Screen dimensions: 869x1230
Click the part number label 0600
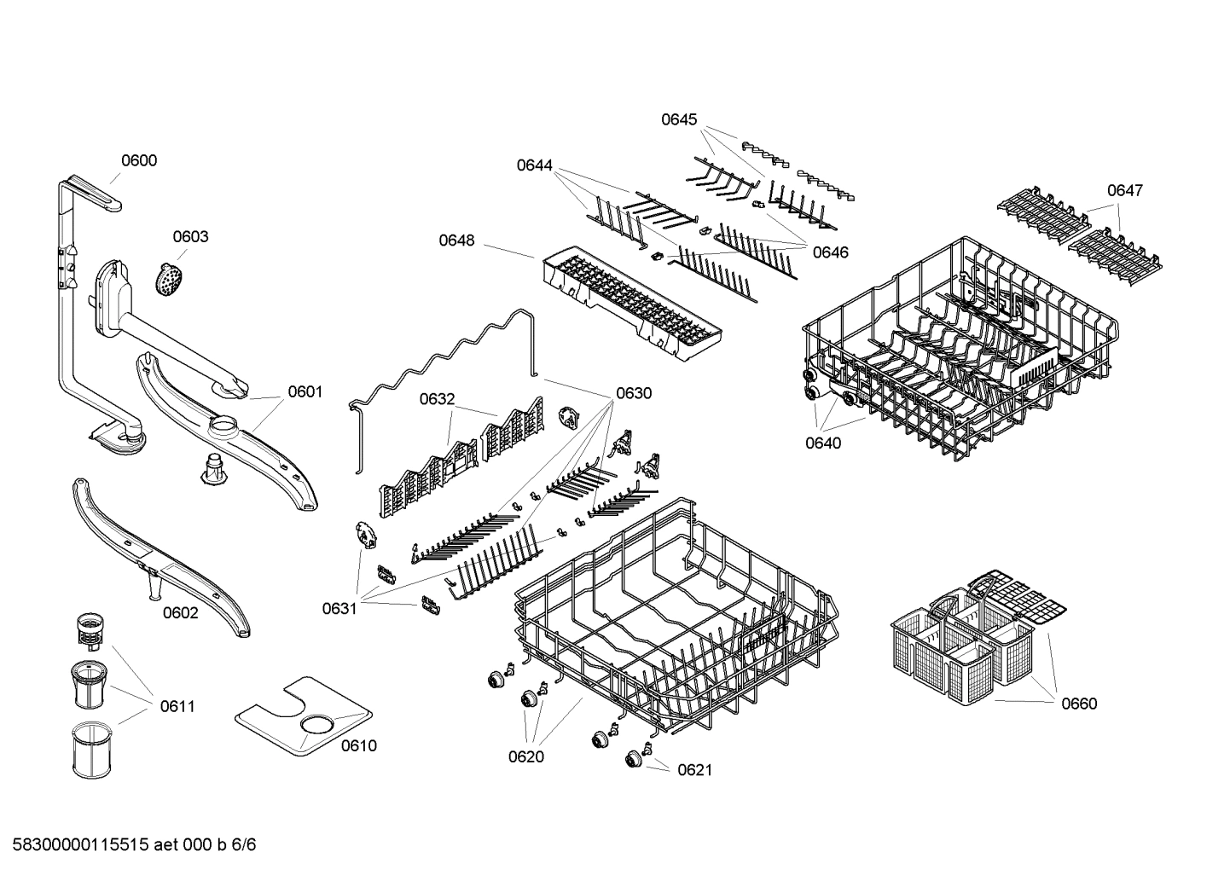click(138, 160)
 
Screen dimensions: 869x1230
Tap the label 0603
click(190, 236)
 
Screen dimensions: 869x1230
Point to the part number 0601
click(305, 391)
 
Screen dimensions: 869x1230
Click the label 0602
click(180, 612)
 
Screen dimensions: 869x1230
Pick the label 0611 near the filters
click(177, 706)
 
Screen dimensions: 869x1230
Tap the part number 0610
click(358, 745)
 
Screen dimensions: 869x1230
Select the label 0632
click(437, 399)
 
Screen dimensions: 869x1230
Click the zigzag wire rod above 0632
click(444, 350)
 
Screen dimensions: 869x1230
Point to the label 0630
click(634, 393)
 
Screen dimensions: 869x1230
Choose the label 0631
click(339, 608)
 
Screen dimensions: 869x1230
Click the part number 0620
click(525, 756)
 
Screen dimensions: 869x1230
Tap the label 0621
click(694, 770)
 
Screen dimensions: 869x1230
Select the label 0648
click(456, 240)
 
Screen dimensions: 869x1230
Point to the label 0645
click(679, 119)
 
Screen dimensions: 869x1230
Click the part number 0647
click(1124, 190)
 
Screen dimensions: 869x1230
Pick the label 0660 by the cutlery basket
click(1079, 704)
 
